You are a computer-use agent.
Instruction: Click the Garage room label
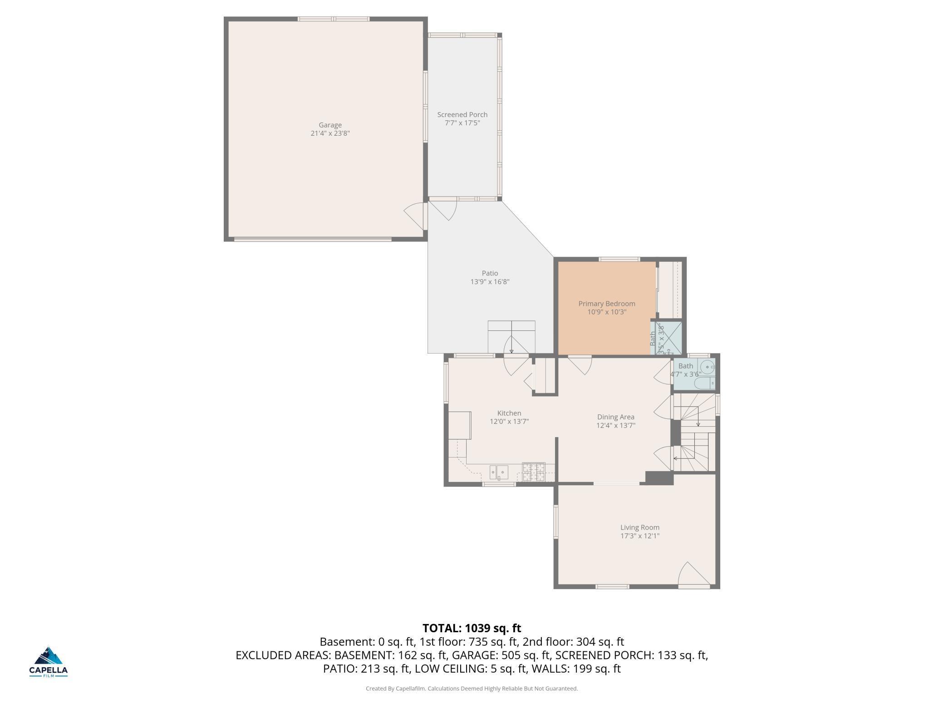coord(330,125)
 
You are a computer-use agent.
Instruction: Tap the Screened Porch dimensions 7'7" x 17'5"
coord(462,123)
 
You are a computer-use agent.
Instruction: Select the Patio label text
coord(490,273)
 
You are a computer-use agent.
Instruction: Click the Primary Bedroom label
coord(606,304)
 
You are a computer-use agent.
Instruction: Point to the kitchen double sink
coord(499,472)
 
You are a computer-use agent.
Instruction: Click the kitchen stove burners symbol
coord(533,472)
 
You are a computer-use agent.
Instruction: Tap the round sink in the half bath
coord(707,366)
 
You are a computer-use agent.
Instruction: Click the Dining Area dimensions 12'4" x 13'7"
coord(615,426)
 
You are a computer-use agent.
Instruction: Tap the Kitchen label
coord(509,413)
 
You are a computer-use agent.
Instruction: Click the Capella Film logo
coord(49,662)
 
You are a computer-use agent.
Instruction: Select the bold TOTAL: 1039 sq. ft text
coord(472,628)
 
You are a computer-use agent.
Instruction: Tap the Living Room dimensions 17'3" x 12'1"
coord(639,536)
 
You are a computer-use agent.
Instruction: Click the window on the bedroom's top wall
coord(619,259)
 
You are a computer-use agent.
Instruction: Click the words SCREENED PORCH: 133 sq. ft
coord(631,655)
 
